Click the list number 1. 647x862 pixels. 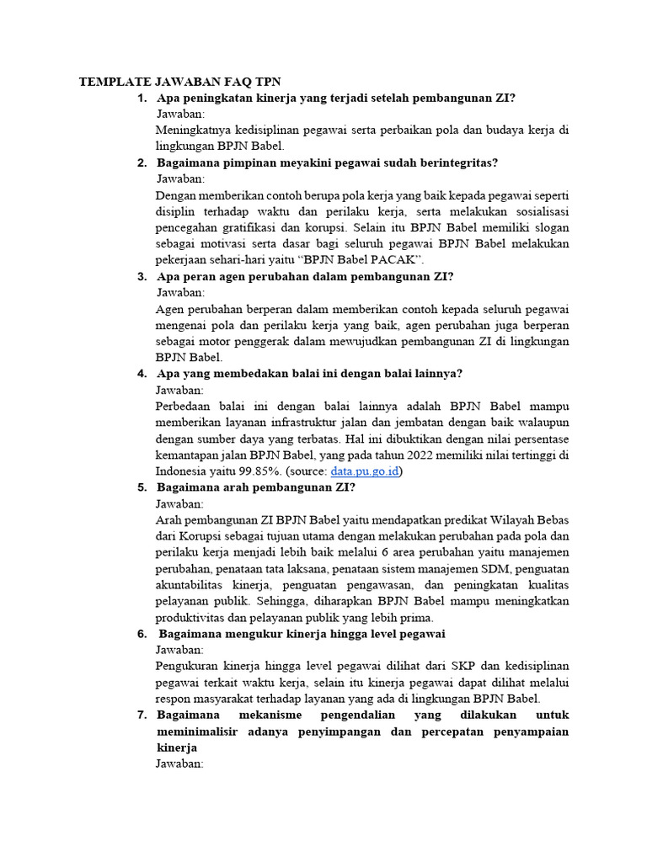point(141,98)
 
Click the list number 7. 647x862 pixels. point(141,715)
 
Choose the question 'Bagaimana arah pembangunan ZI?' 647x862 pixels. point(256,487)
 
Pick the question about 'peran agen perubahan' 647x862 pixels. point(306,276)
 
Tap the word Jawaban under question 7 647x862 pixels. point(179,764)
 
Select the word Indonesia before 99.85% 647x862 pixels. point(184,471)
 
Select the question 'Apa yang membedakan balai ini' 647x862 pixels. point(310,374)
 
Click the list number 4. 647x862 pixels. point(141,374)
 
